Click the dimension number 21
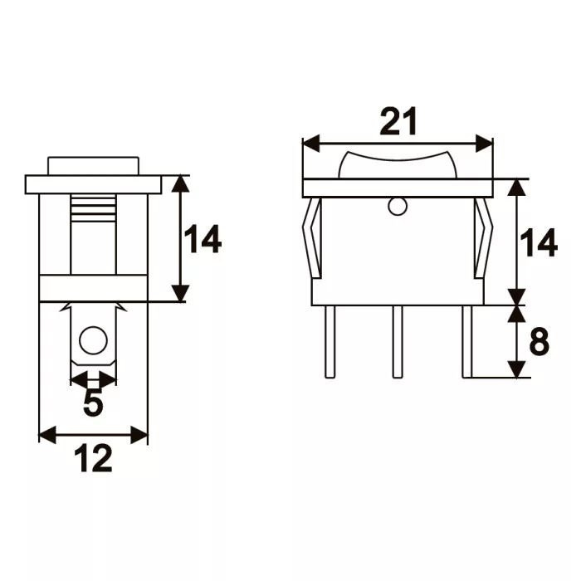coord(398,121)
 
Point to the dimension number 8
coord(539,341)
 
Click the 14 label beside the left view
coord(203,239)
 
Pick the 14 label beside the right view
coord(539,243)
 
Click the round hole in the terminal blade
coord(93,340)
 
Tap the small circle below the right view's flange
coord(398,207)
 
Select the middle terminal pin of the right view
coord(398,342)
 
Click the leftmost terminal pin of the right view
coord(330,342)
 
